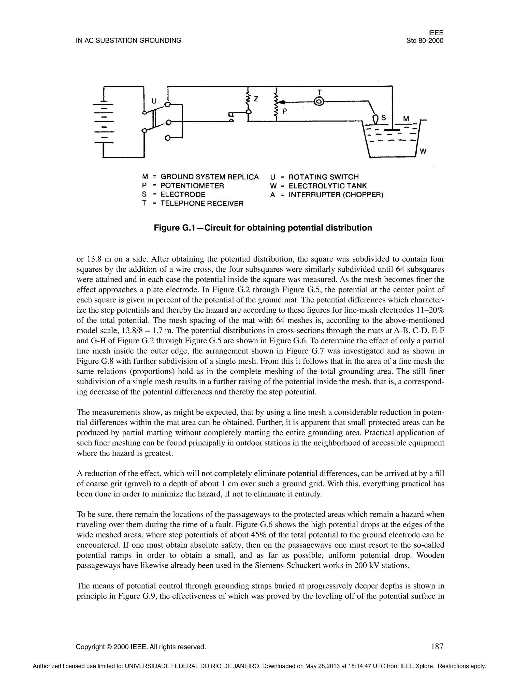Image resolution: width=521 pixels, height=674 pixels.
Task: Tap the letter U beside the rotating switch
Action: coord(154,101)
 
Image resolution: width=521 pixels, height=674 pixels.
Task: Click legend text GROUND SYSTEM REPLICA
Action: coord(210,177)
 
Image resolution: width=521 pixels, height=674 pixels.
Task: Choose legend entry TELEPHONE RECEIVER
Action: coord(202,204)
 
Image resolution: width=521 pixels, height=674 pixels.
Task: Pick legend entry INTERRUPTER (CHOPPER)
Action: coord(336,195)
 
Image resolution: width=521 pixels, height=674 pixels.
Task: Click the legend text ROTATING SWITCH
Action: coord(324,177)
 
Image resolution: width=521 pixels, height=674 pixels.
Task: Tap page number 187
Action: coord(437,638)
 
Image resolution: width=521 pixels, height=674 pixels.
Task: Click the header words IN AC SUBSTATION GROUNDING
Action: coord(129,40)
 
